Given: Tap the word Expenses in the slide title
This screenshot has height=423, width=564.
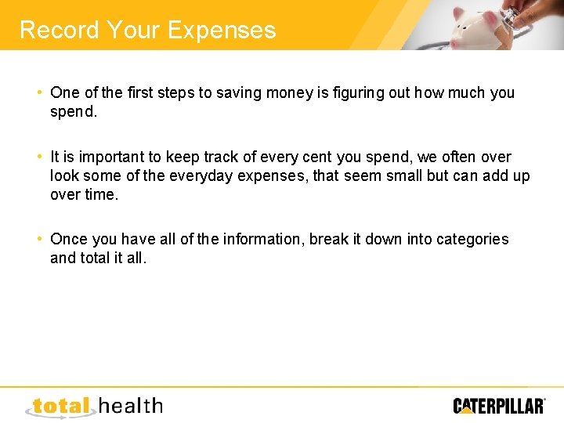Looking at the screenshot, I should [x=221, y=31].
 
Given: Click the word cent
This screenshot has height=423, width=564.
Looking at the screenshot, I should [x=315, y=157].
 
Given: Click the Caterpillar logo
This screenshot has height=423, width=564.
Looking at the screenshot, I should [x=499, y=405].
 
